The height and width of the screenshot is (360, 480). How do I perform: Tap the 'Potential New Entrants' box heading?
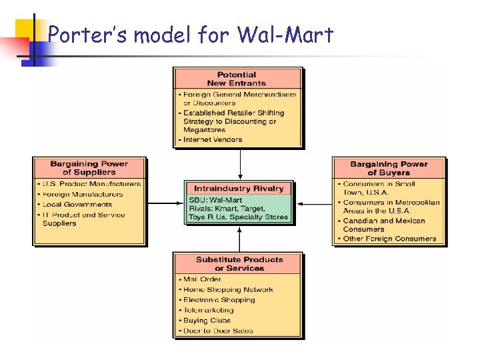[236, 79]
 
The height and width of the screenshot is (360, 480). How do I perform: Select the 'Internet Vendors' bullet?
[212, 139]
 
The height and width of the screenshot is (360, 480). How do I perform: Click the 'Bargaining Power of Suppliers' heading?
[89, 168]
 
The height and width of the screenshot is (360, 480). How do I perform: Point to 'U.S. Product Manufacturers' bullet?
[91, 184]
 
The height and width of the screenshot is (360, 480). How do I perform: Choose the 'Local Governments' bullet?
[77, 204]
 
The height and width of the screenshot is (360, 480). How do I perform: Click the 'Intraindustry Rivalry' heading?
[239, 189]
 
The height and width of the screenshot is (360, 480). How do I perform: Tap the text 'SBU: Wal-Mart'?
[215, 200]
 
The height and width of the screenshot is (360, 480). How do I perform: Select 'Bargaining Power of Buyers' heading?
[389, 168]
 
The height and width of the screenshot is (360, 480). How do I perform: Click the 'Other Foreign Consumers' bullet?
[389, 239]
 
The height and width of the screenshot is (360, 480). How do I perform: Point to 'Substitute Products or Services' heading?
[239, 264]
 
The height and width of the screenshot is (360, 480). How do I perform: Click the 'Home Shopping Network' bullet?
[228, 289]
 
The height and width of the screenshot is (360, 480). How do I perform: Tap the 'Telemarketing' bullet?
[208, 310]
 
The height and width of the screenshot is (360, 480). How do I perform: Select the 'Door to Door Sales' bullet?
[218, 331]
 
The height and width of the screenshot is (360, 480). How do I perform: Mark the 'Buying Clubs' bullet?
[207, 320]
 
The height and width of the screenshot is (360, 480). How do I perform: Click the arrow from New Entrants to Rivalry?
[239, 164]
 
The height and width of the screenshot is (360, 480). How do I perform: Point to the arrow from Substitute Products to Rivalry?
[239, 238]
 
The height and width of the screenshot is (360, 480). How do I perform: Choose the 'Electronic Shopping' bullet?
[219, 300]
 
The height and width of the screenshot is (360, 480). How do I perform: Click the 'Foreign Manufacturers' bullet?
[83, 194]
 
